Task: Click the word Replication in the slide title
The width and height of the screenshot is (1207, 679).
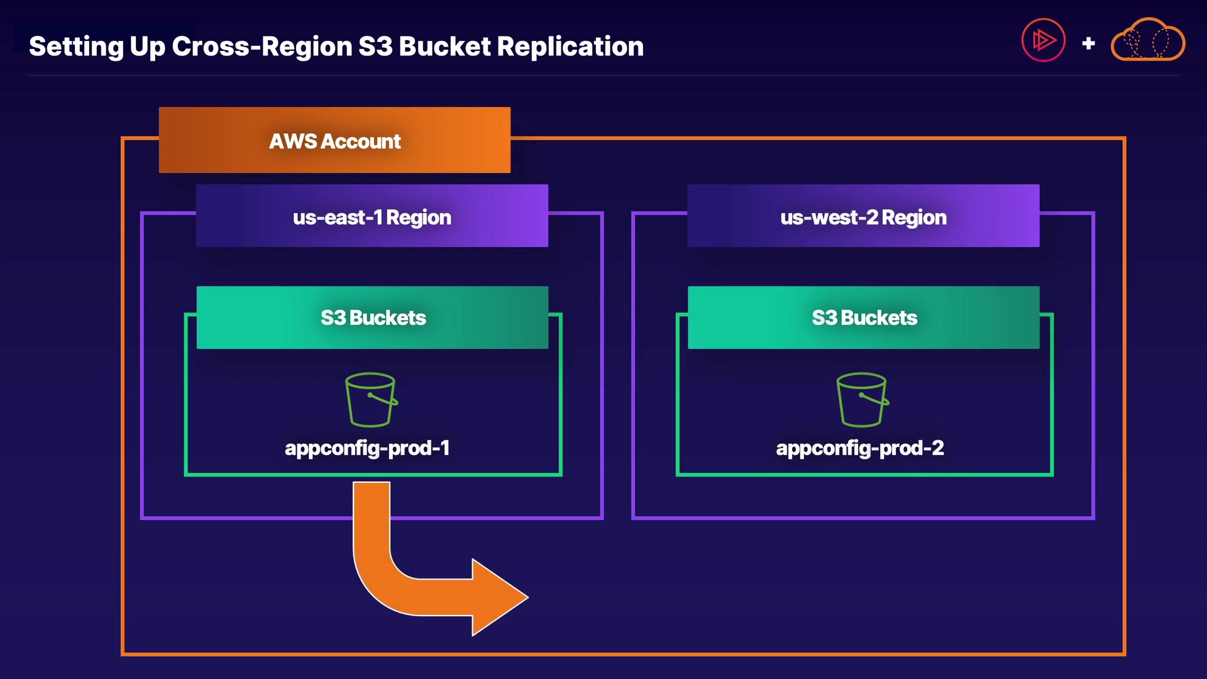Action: [570, 47]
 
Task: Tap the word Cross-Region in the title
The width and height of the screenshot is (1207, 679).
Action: [262, 47]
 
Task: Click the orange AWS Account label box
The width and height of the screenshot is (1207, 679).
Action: [334, 140]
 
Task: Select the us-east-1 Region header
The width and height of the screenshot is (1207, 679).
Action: [372, 216]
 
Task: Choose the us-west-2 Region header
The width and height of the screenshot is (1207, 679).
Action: [863, 216]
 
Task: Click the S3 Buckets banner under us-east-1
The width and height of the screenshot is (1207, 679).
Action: [372, 317]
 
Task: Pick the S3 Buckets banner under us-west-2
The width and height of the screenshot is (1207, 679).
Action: [864, 317]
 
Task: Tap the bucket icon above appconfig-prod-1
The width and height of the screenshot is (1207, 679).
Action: [371, 400]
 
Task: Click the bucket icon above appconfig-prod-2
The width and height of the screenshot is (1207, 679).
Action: [862, 400]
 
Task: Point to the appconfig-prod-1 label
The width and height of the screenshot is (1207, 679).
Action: [367, 448]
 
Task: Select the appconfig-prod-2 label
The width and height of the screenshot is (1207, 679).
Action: [860, 448]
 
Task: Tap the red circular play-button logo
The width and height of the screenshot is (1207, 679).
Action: [1043, 40]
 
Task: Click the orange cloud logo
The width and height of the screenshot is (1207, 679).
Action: [1148, 40]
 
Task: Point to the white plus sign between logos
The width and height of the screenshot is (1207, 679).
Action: [1089, 43]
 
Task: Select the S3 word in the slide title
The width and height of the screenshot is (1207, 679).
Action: [375, 47]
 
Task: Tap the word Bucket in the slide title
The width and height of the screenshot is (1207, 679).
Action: [444, 47]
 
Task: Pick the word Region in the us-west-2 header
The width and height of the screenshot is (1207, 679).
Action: [913, 218]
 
